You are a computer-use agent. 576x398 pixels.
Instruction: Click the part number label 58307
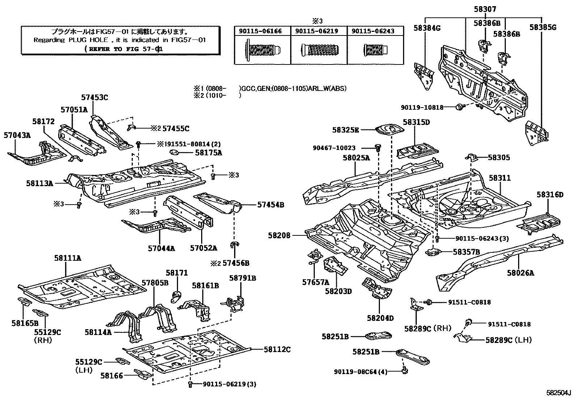tap(483, 9)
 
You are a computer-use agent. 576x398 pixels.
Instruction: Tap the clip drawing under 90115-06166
tap(262, 49)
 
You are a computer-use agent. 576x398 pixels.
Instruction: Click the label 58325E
tap(346, 130)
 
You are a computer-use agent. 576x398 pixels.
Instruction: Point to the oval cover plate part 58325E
tap(389, 130)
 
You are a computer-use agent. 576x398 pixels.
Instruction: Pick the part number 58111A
tap(68, 258)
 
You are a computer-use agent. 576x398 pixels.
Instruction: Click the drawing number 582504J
tap(558, 393)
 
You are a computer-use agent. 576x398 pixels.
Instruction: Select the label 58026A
tap(520, 273)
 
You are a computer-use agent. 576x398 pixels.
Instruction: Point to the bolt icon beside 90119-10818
tap(460, 107)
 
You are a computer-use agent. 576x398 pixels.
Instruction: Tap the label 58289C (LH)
tap(508, 340)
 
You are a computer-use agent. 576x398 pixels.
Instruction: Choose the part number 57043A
tap(17, 135)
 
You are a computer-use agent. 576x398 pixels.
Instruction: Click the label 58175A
tap(208, 152)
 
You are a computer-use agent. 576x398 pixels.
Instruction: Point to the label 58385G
tap(542, 27)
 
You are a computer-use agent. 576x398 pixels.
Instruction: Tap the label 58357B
tap(466, 251)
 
